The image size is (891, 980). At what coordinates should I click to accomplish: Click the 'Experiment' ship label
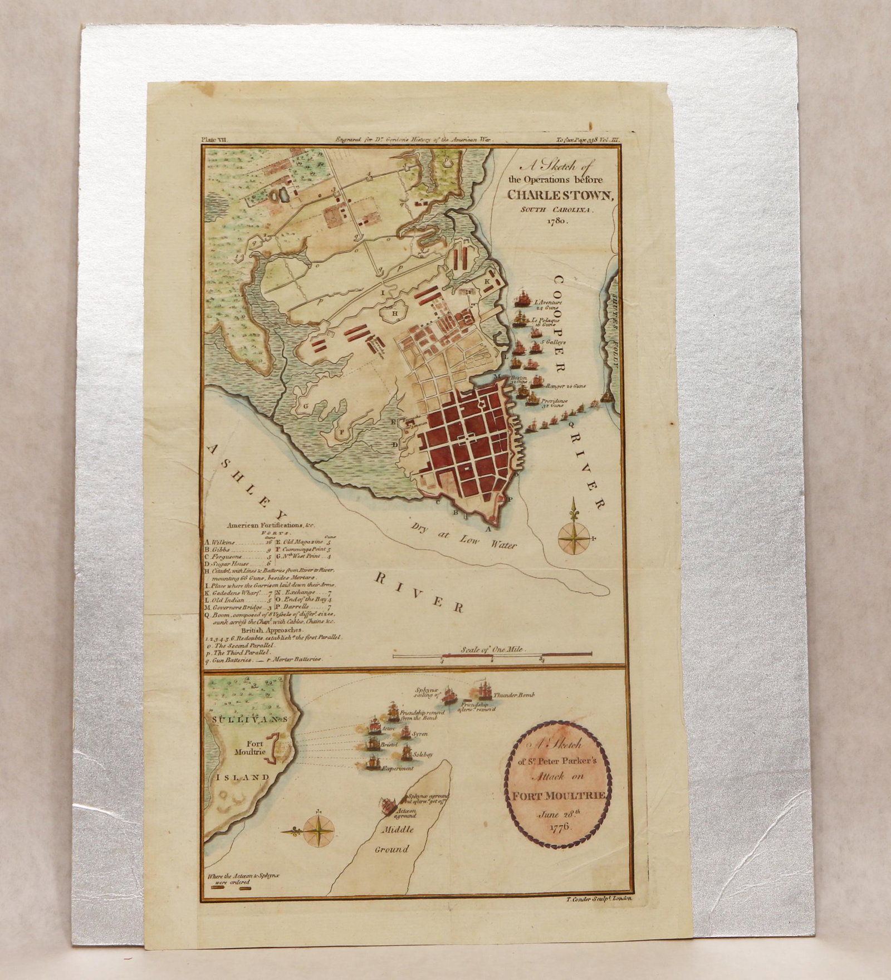pos(397,768)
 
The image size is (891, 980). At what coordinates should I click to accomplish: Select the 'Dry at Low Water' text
pos(464,536)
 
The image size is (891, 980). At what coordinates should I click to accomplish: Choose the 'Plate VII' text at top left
pos(214,143)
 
